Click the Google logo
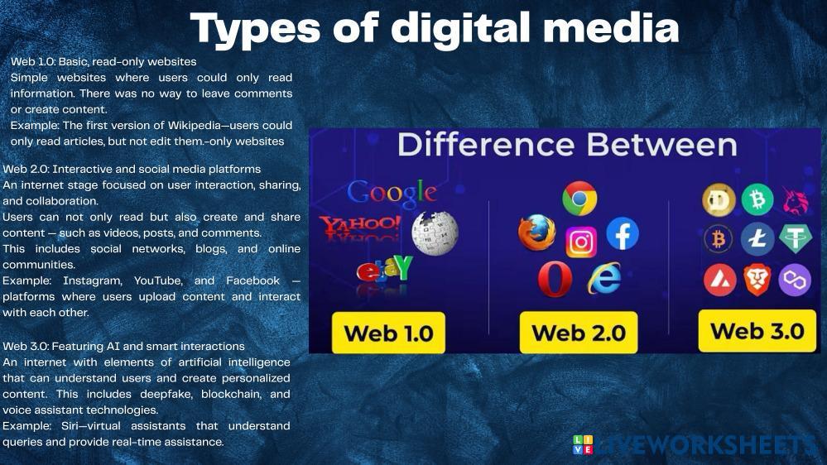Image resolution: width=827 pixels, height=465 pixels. tap(392, 192)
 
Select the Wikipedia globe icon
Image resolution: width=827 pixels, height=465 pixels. tap(435, 232)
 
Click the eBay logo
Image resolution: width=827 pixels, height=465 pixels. tap(384, 270)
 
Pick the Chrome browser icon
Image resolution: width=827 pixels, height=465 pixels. tap(579, 199)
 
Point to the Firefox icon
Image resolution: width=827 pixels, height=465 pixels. tap(536, 233)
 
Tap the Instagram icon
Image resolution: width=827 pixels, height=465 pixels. tap(581, 242)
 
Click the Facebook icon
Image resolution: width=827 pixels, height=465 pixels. tap(623, 234)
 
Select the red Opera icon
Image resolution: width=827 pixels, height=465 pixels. tap(555, 280)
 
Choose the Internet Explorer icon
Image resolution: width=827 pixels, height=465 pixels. tap(604, 279)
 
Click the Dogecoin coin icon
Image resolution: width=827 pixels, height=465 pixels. tap(719, 200)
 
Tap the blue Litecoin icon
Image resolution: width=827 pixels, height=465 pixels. tap(757, 239)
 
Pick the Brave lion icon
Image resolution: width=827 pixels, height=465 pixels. tap(757, 280)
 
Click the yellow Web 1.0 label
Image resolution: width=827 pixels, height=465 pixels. tap(388, 333)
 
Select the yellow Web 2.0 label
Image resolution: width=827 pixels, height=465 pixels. tap(578, 333)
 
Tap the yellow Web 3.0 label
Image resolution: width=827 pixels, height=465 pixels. tap(757, 331)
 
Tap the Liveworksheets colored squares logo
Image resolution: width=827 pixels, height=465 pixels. tap(583, 444)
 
